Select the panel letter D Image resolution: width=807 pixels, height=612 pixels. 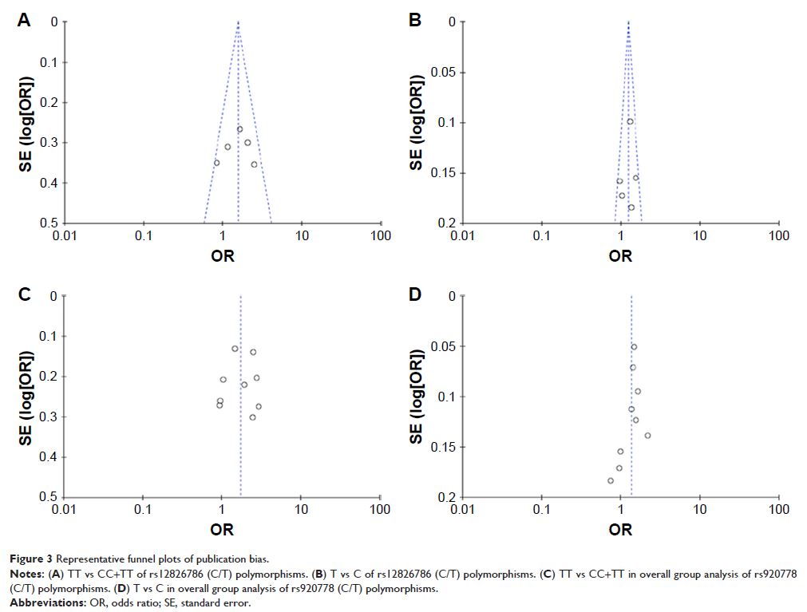(415, 294)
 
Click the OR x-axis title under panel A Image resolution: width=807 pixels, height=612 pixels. (222, 256)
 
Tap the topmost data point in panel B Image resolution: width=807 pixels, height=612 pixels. (630, 121)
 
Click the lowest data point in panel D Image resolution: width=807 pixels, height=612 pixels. (611, 480)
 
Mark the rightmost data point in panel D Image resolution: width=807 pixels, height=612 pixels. (647, 435)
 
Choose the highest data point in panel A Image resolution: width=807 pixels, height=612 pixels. (239, 129)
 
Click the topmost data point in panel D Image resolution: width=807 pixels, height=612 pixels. (634, 346)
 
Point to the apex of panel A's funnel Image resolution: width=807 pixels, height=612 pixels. (238, 22)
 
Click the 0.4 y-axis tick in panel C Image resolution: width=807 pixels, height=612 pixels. (48, 457)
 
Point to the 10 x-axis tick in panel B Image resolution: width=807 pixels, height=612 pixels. (700, 235)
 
